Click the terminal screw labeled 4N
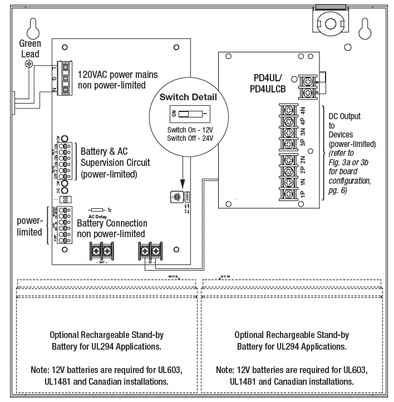click(x=289, y=110)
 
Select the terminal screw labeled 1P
click(x=289, y=194)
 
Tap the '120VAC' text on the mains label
click(x=92, y=75)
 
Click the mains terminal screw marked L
click(x=66, y=67)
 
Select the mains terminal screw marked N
click(x=66, y=89)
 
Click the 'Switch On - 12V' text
click(x=188, y=130)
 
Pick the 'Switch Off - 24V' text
click(x=188, y=138)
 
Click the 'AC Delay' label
click(x=97, y=217)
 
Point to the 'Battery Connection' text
click(x=112, y=224)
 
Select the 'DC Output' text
click(x=345, y=116)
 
